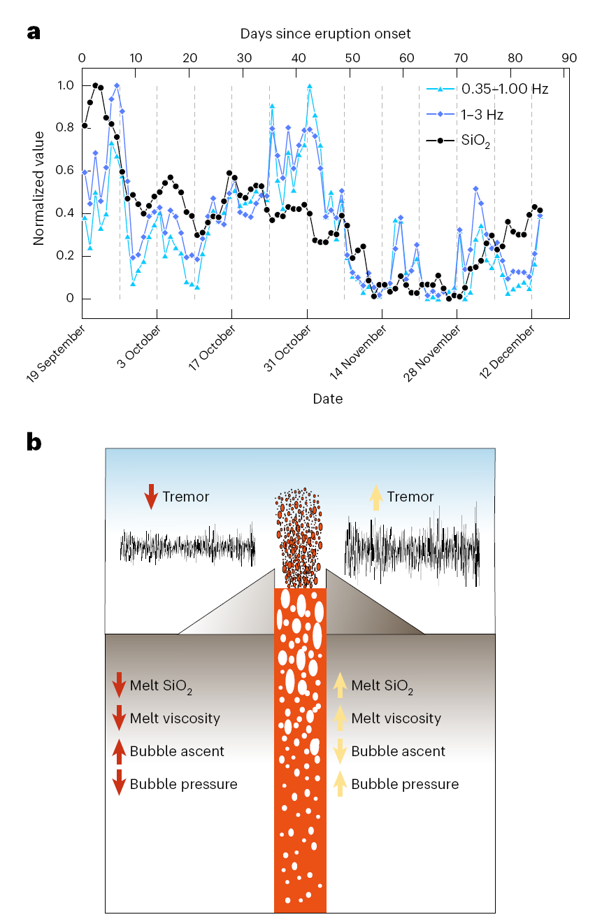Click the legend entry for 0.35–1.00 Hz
(x=504, y=89)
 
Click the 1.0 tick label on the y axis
(x=64, y=85)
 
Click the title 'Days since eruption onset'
(x=325, y=34)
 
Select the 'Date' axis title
(x=328, y=399)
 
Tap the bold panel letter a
(x=34, y=32)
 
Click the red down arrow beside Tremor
(x=150, y=497)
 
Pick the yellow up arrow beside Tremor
(x=375, y=497)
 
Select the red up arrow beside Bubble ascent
(x=119, y=751)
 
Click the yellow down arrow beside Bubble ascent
(x=340, y=751)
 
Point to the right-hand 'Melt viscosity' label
(x=396, y=718)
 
